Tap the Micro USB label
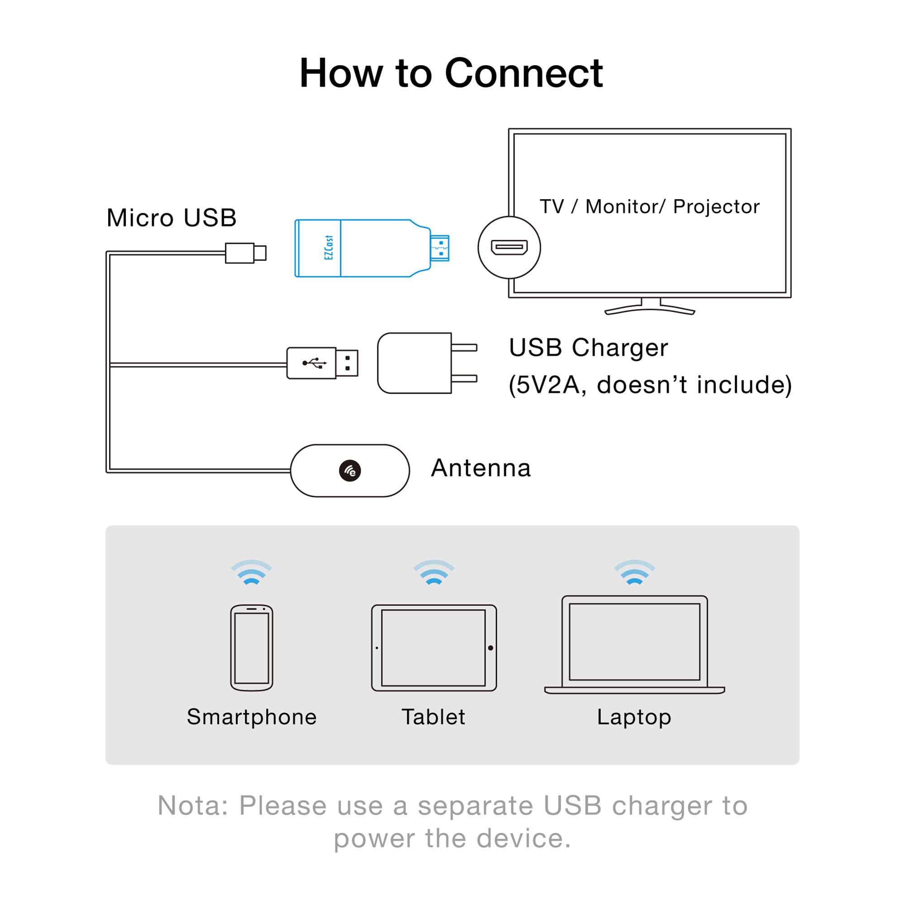171,218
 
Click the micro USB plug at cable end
245,253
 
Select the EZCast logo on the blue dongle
329,248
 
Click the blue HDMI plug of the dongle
440,248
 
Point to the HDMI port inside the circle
509,247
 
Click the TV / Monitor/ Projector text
649,207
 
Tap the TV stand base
650,310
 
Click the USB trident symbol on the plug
314,363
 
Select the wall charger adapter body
414,363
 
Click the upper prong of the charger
464,348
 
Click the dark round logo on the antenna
350,471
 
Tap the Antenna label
481,468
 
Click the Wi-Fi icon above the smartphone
252,572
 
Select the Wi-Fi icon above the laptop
634,572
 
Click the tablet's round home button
491,648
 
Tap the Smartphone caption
252,717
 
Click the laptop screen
634,641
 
